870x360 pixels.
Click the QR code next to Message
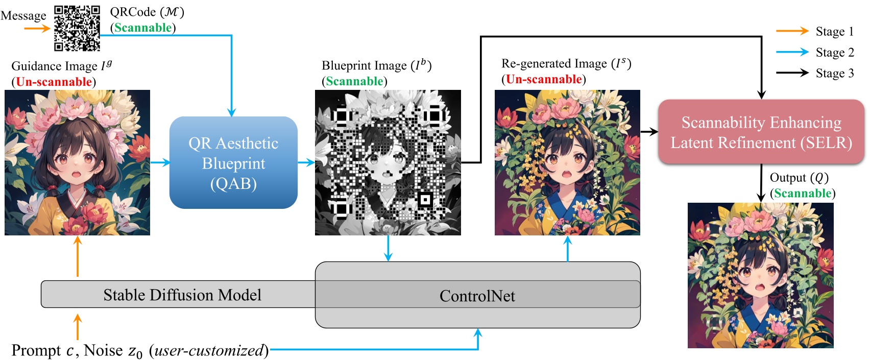[77, 29]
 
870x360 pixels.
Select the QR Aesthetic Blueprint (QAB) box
[233, 163]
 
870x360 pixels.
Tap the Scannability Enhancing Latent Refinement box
[761, 132]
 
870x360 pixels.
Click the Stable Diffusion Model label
[182, 295]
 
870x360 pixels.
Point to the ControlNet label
[477, 296]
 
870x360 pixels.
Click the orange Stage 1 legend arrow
[792, 31]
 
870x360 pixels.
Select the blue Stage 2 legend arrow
[792, 52]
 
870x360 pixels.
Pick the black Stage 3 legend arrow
[792, 73]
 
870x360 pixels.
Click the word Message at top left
[23, 16]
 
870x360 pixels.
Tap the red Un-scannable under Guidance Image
[54, 82]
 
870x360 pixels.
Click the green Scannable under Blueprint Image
[354, 81]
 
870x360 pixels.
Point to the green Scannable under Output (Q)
[803, 193]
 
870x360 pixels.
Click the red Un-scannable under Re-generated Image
[544, 79]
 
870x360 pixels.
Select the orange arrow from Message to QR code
[37, 29]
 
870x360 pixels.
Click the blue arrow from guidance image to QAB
[160, 163]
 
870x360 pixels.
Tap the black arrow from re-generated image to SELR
[649, 132]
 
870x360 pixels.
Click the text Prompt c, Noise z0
[77, 351]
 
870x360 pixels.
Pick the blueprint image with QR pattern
[388, 163]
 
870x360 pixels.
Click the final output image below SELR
[760, 275]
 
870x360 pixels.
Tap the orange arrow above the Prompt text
[78, 327]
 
